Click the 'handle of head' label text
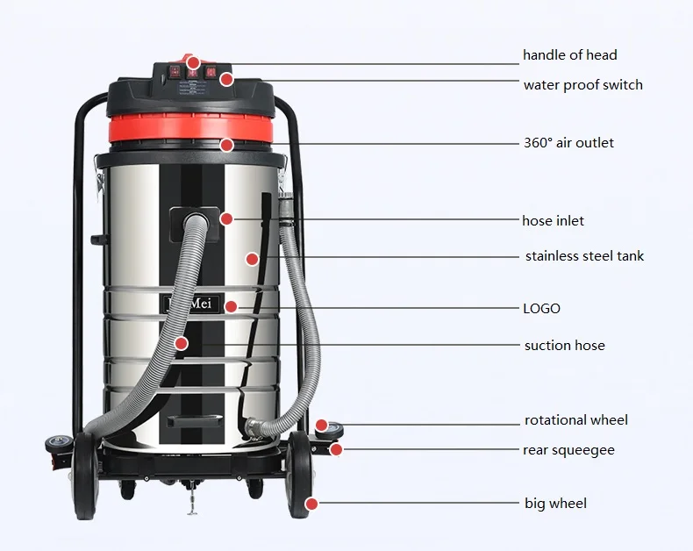tap(569, 55)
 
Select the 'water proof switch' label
tap(582, 85)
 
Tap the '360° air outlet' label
tap(568, 143)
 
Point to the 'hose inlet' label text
tap(553, 221)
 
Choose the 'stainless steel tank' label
tap(584, 256)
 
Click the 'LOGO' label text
tap(541, 309)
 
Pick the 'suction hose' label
tap(564, 346)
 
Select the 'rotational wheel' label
tap(575, 421)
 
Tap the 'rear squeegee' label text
tap(568, 450)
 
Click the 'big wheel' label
tap(555, 504)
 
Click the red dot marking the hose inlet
tap(227, 218)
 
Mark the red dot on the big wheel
tap(311, 504)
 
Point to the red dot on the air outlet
tap(226, 145)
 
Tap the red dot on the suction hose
tap(181, 343)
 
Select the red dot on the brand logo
tap(231, 306)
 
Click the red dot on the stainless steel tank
tap(252, 259)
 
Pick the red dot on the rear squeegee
tap(337, 450)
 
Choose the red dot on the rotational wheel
tap(322, 425)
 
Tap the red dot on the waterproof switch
tap(226, 80)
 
